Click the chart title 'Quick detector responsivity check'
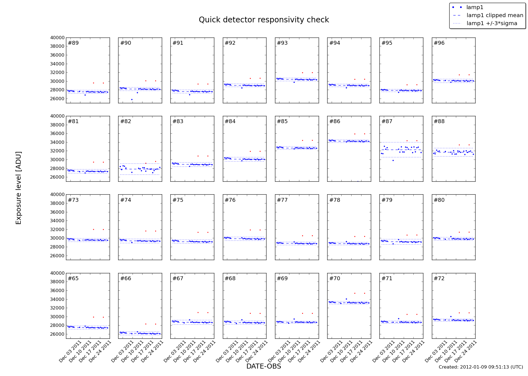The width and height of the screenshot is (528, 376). tap(264, 20)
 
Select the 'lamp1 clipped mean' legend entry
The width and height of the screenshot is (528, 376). tap(495, 15)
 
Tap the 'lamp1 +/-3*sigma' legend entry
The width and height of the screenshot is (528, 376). tap(492, 23)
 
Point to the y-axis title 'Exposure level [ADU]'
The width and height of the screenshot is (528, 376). tap(19, 188)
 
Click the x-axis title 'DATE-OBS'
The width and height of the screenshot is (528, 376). tap(263, 366)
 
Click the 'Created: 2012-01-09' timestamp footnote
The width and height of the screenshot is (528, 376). tap(481, 367)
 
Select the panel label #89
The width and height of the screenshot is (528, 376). tap(73, 43)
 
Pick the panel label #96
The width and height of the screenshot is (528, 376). tap(439, 43)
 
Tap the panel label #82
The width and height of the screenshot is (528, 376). tap(126, 121)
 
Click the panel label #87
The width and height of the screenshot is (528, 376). tap(387, 121)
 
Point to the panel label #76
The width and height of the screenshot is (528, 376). tap(230, 200)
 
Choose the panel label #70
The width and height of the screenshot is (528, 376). tap(335, 279)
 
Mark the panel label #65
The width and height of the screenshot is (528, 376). tap(73, 279)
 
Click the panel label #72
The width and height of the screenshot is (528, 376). tap(439, 279)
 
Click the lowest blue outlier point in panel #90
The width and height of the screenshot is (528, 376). tap(132, 99)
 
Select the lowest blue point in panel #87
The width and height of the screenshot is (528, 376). tap(393, 160)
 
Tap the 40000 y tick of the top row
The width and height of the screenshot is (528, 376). tap(57, 38)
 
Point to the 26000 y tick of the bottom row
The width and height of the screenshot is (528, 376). tap(57, 334)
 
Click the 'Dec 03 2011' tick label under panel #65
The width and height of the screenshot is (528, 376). tap(70, 351)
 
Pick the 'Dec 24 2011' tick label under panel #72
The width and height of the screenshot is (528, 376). tap(466, 351)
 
